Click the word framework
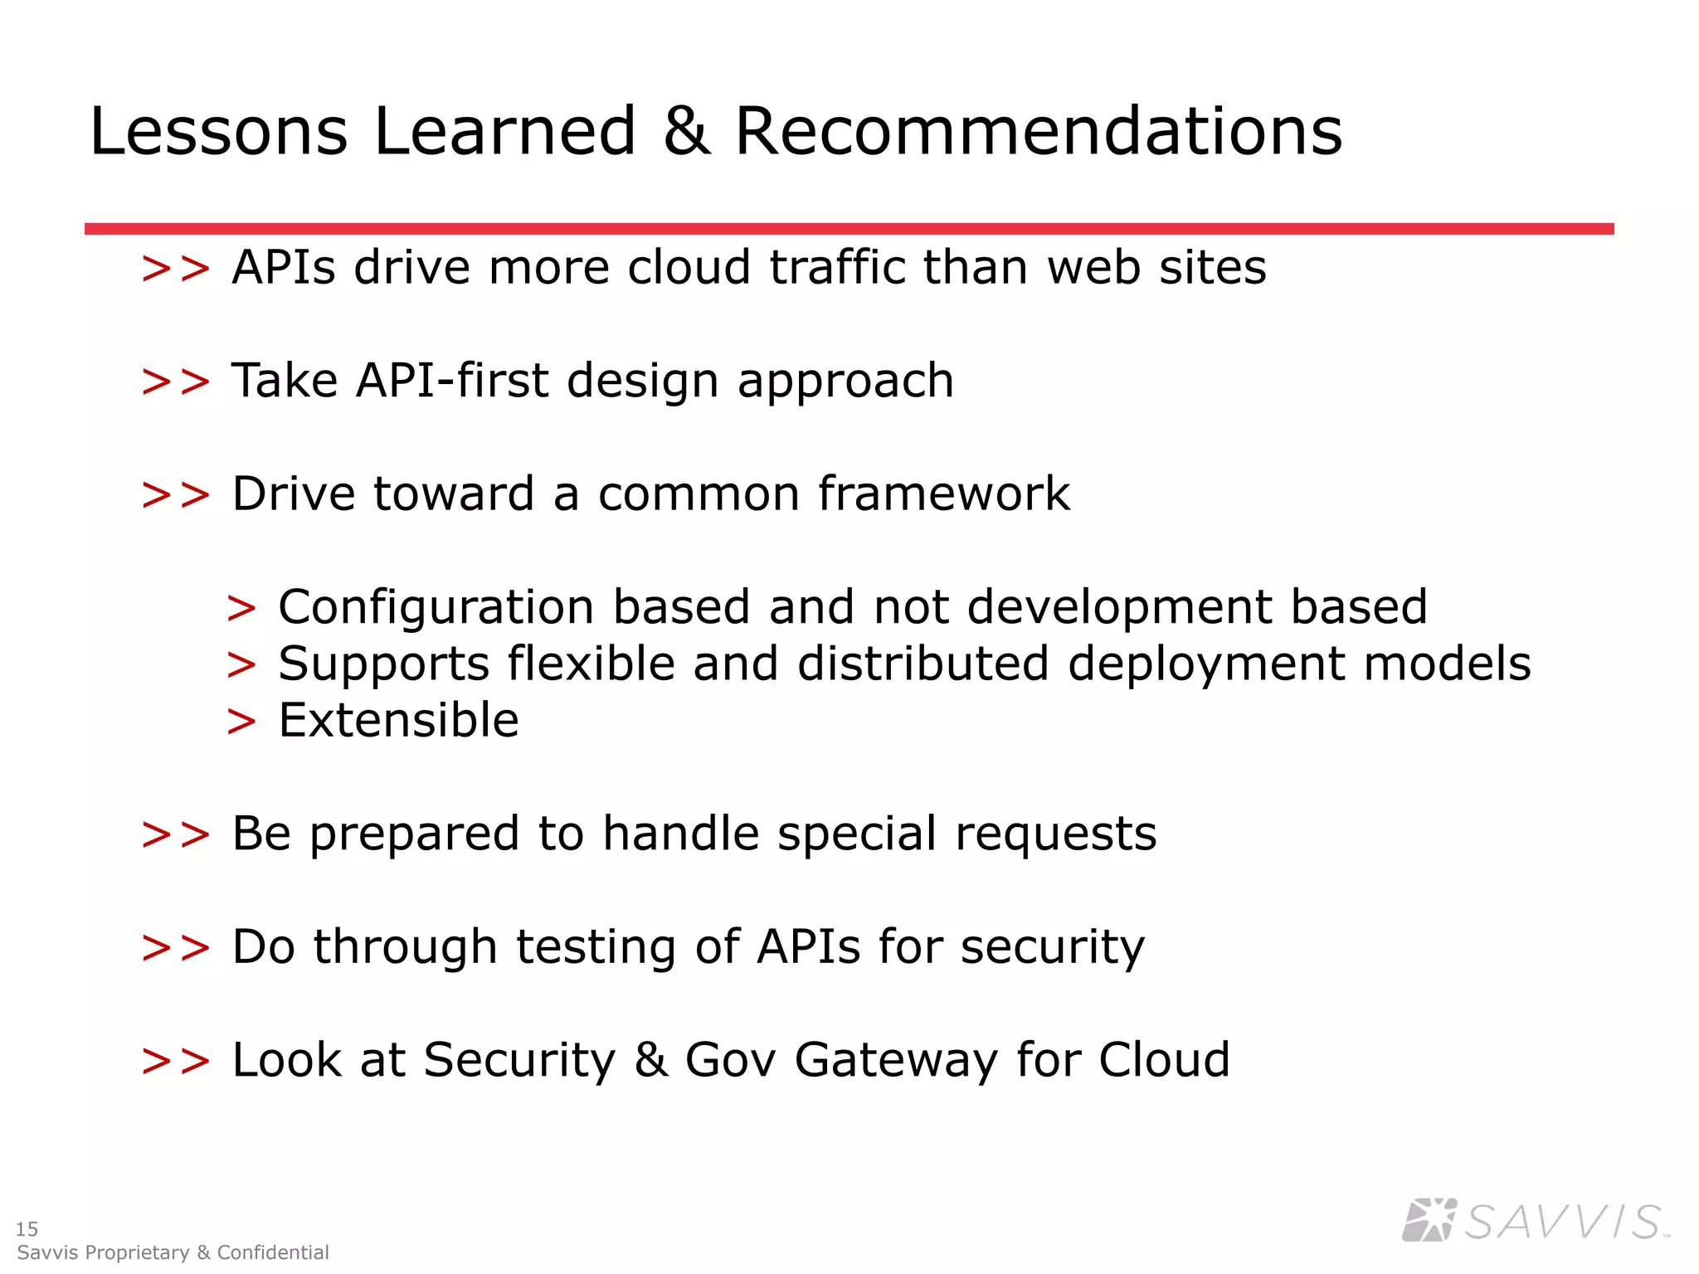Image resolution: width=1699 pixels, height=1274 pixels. (x=944, y=494)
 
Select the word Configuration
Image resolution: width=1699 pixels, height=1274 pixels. (x=436, y=607)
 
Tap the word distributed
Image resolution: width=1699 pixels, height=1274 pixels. (x=923, y=664)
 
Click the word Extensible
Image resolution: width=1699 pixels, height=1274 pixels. (x=398, y=720)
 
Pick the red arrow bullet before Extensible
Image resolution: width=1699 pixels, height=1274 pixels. (x=241, y=722)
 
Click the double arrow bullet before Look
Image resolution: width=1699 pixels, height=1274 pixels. (x=176, y=1062)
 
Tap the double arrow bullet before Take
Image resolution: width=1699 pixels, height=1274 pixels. (x=176, y=382)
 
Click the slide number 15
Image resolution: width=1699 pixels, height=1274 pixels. (x=27, y=1228)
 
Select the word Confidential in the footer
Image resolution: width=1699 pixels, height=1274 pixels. (x=273, y=1252)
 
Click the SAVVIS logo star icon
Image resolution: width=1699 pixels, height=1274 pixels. (x=1429, y=1220)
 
